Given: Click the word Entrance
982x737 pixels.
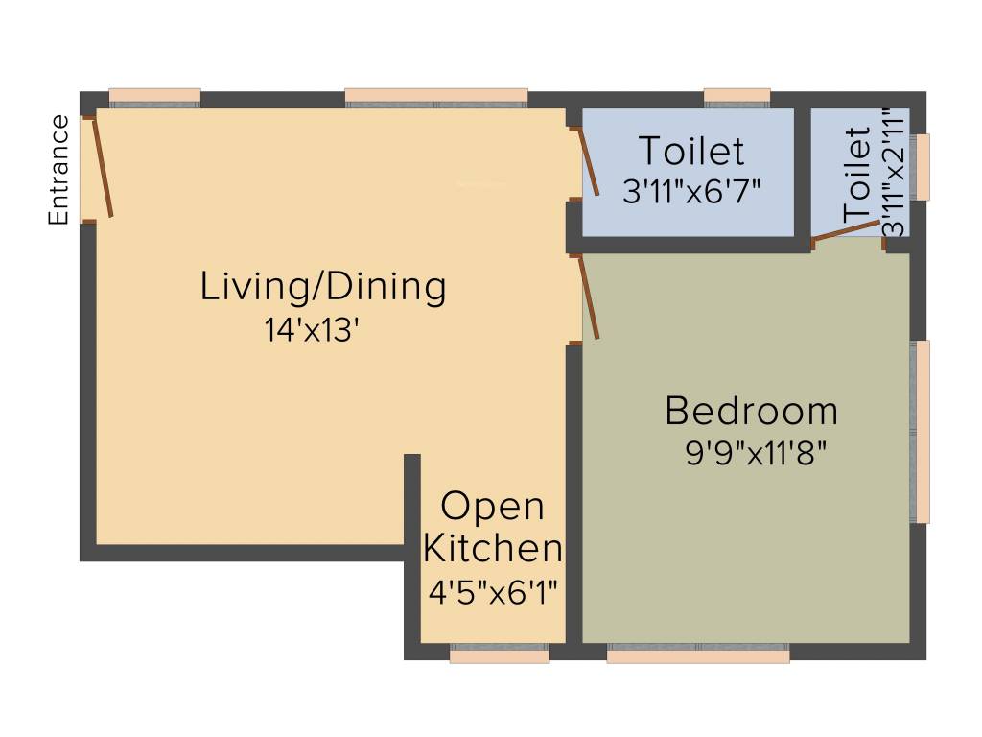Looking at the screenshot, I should tap(59, 170).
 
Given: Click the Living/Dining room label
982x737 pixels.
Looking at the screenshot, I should tap(323, 287).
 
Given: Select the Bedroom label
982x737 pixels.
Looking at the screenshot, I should tap(751, 411).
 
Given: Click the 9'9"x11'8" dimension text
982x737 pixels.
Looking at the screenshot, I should tap(756, 453).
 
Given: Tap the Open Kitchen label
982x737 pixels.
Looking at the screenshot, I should tap(493, 527).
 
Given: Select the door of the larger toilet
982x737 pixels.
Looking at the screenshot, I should tap(589, 162).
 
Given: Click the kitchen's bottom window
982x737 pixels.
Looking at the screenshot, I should tap(500, 654).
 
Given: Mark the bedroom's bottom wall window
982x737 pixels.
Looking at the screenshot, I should tap(698, 654).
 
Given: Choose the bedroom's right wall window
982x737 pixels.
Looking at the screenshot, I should tap(922, 431).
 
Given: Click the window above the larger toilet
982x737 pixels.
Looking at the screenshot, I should tap(737, 96).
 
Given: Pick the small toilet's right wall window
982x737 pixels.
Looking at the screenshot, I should tap(922, 167).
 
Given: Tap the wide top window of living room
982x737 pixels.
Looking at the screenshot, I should tap(436, 96).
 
